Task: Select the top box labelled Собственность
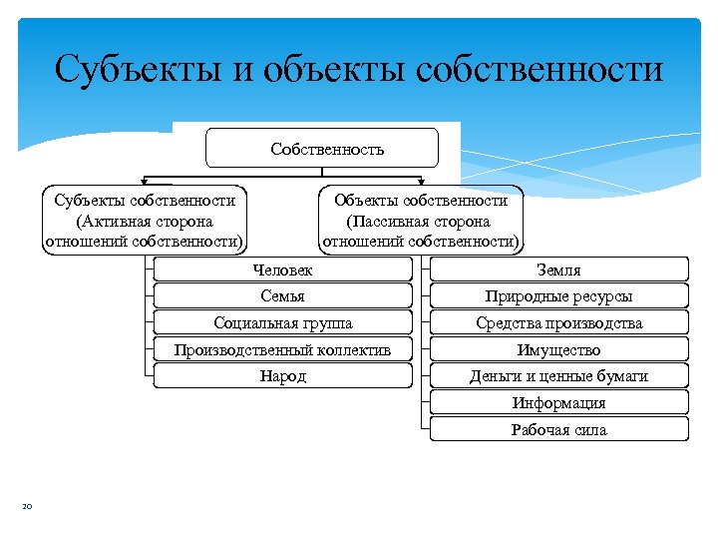(x=322, y=148)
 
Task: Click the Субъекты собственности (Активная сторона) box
(x=145, y=221)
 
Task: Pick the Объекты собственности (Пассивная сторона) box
(x=420, y=221)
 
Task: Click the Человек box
(x=283, y=269)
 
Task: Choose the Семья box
(x=283, y=296)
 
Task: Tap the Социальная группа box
(x=283, y=322)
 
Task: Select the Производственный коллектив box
(x=283, y=349)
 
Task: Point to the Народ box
(x=283, y=376)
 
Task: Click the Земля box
(x=558, y=269)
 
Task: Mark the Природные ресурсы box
(x=558, y=296)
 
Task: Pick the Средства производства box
(x=558, y=322)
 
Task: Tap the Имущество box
(x=558, y=349)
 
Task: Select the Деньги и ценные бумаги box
(x=558, y=376)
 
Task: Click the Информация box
(x=558, y=403)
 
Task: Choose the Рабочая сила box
(x=558, y=430)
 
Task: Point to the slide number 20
(x=27, y=508)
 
